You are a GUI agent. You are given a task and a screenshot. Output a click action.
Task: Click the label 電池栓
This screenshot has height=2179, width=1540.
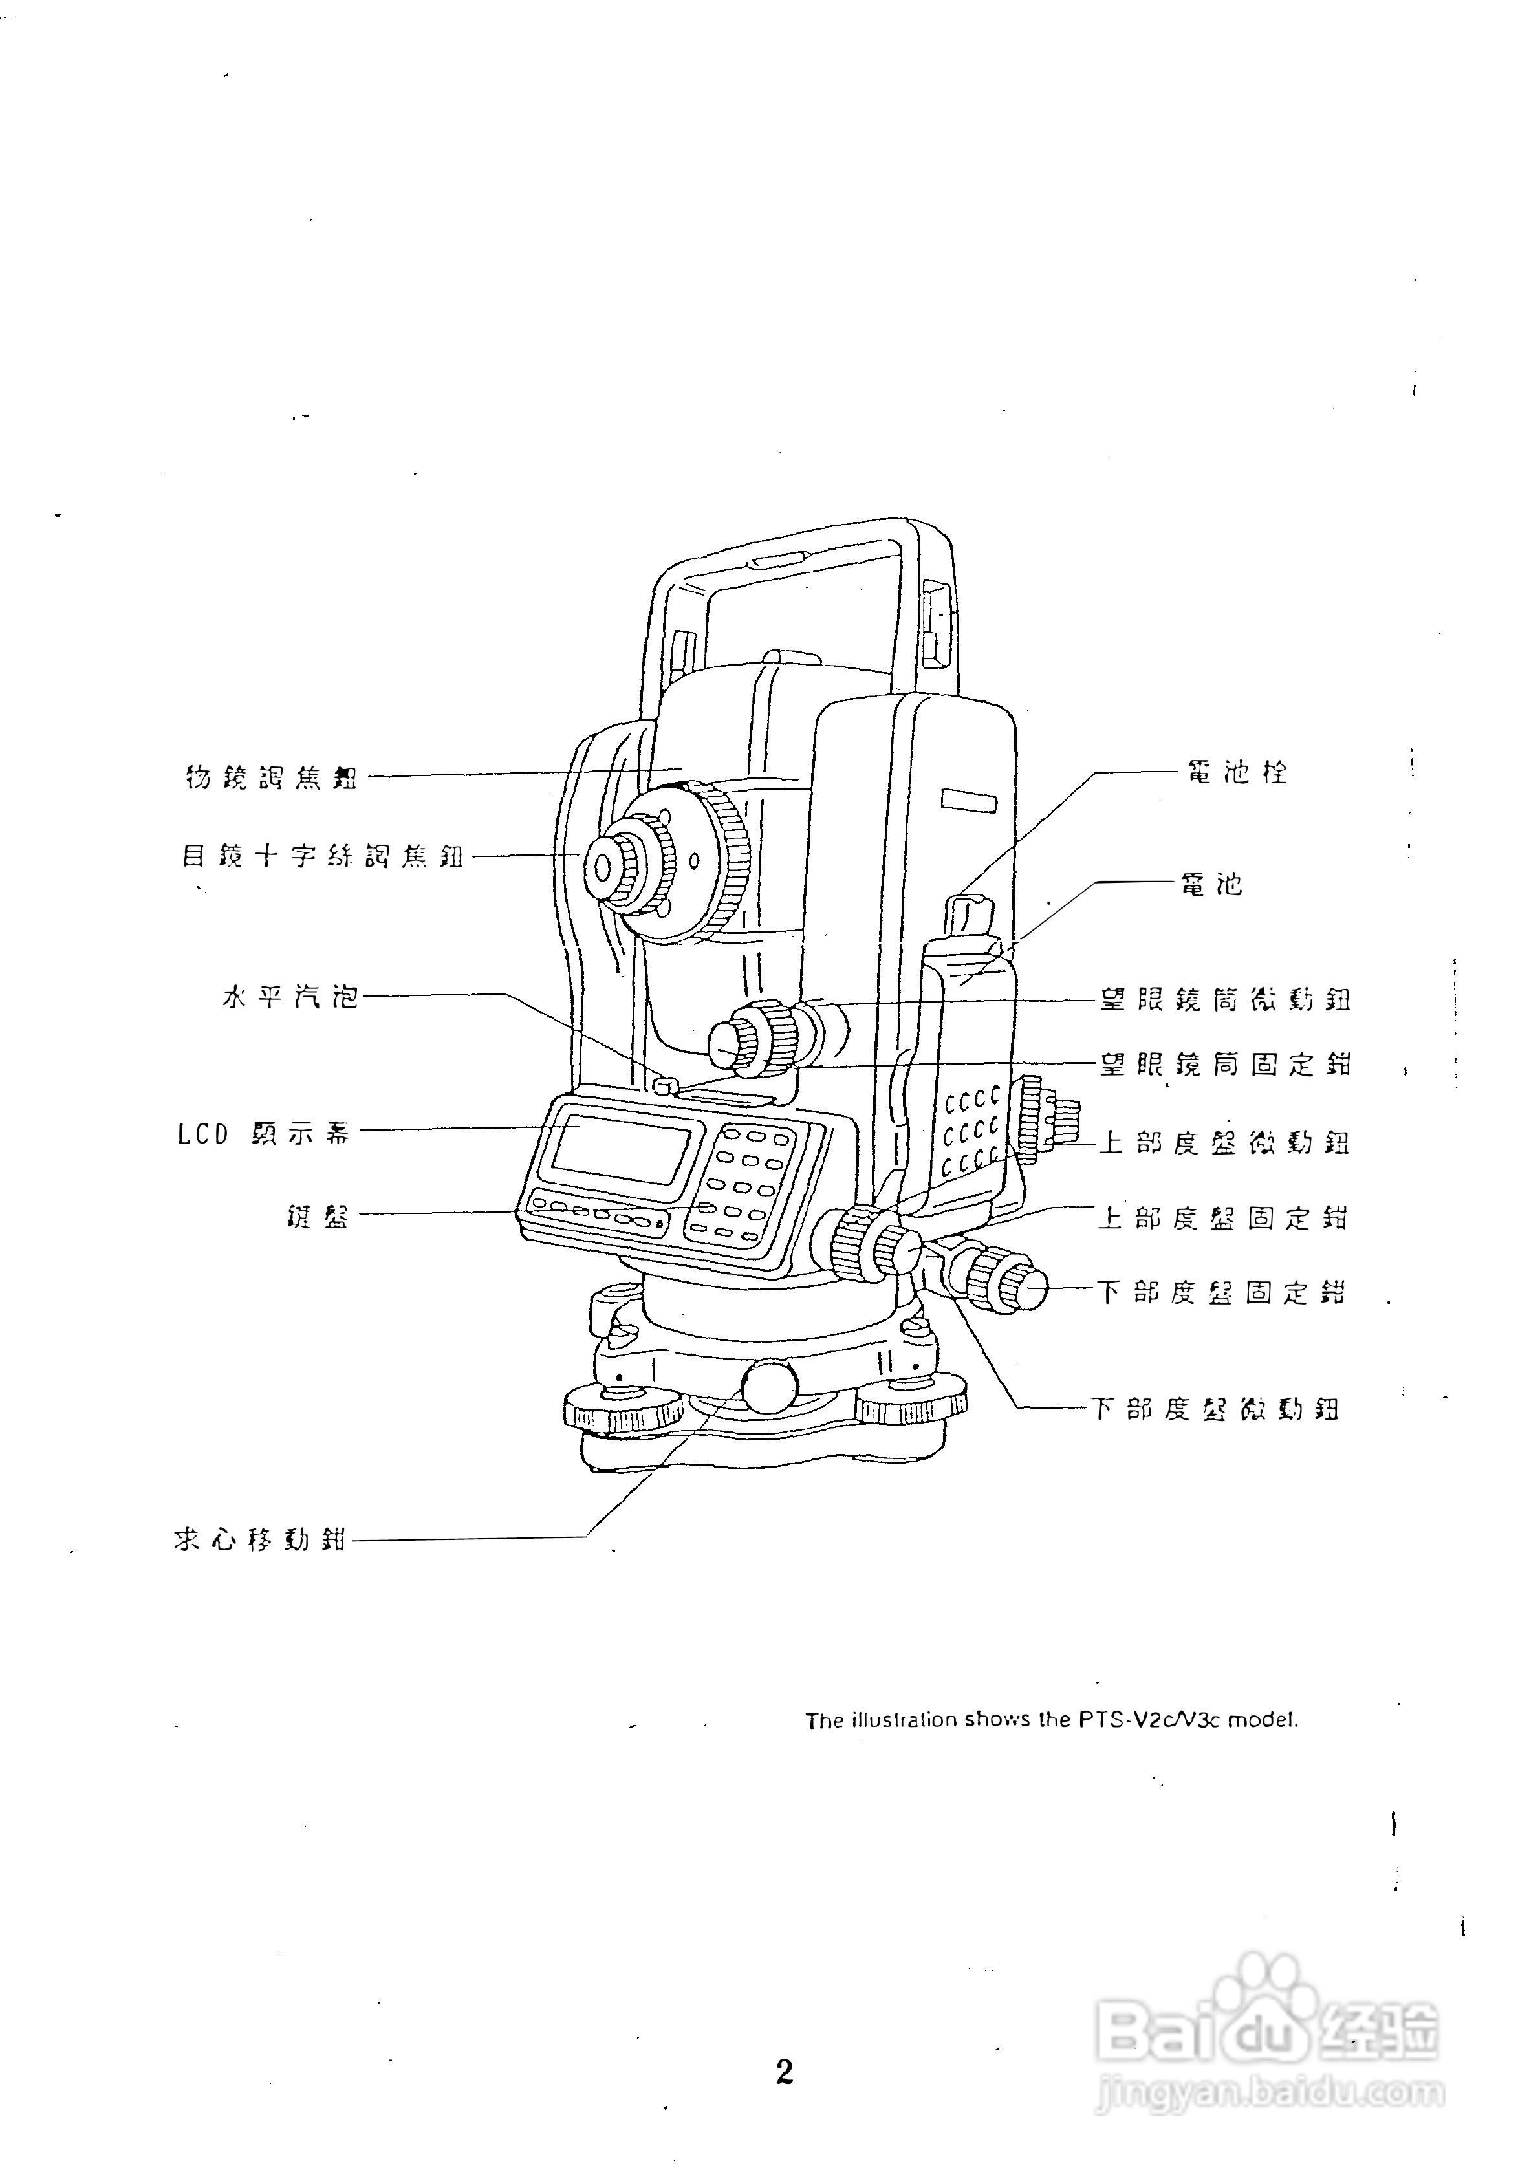click(1237, 772)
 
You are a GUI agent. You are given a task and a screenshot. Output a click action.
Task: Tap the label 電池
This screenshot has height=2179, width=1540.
click(1211, 885)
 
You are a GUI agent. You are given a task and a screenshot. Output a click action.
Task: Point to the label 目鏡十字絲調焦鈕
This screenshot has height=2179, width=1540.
click(323, 856)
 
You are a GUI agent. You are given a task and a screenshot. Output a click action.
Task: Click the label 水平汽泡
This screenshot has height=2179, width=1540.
click(290, 997)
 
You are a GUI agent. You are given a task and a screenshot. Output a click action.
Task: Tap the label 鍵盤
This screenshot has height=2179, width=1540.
click(318, 1216)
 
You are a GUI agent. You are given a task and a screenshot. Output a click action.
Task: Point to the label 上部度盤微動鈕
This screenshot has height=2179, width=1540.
click(1224, 1142)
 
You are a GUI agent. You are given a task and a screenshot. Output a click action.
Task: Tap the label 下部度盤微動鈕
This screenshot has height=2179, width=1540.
click(1215, 1409)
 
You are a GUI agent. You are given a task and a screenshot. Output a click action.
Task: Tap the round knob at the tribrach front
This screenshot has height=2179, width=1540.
click(768, 1387)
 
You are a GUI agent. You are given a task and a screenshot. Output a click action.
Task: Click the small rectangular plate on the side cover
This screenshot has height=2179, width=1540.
click(969, 800)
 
